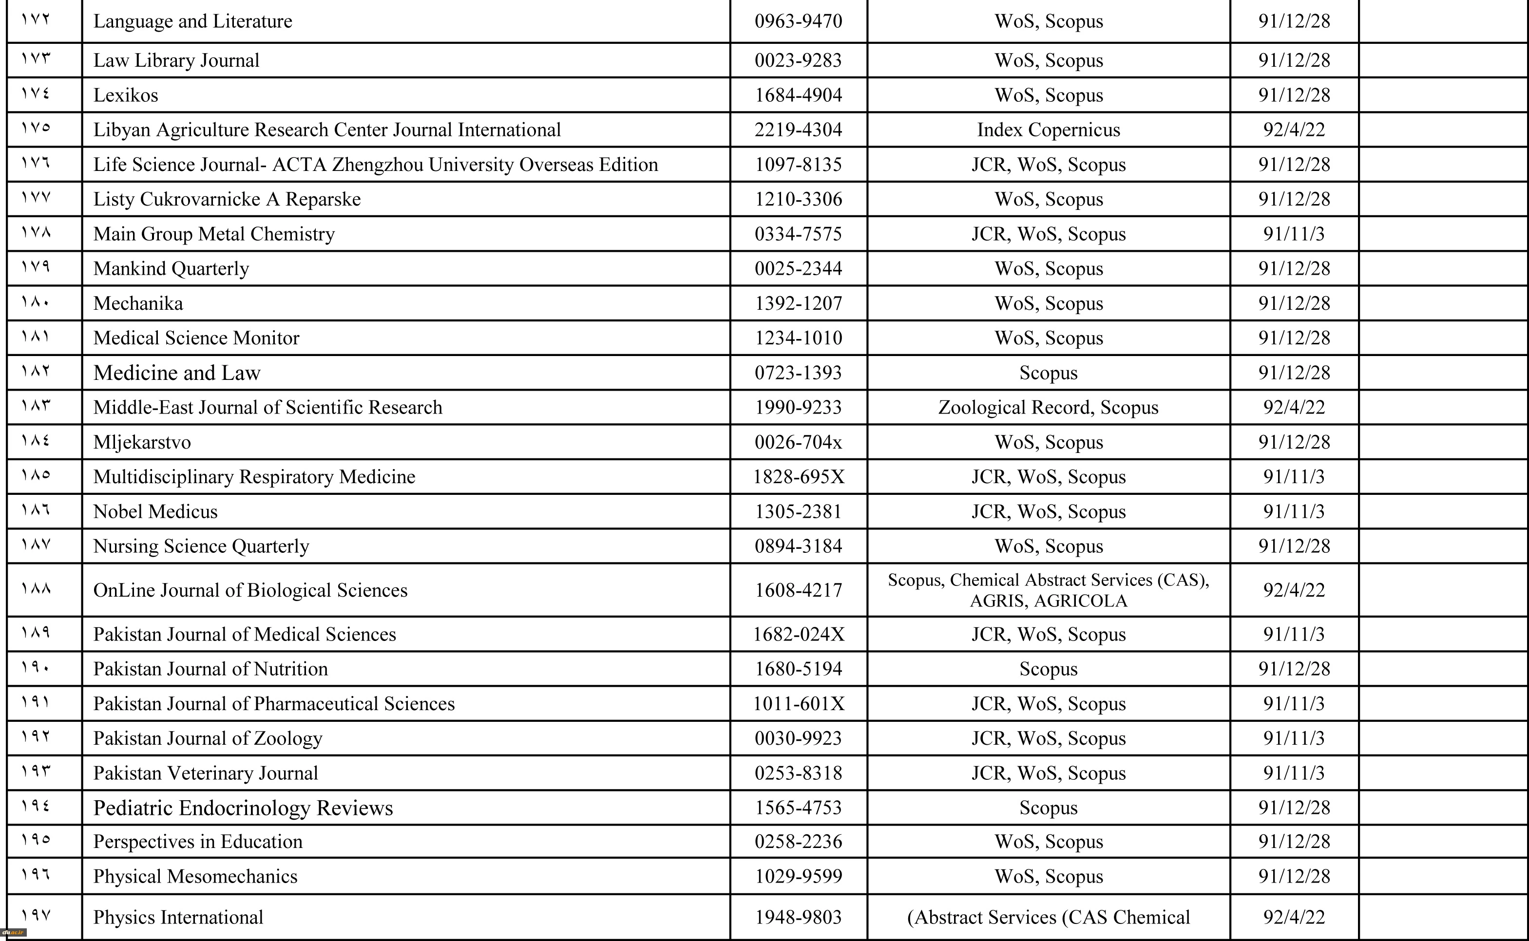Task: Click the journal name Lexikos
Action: pos(126,95)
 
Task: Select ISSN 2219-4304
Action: pos(798,130)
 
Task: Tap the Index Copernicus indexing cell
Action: pos(1049,130)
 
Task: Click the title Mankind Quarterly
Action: pos(171,269)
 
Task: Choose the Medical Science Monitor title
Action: pos(196,338)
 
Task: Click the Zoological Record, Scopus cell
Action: pos(1049,408)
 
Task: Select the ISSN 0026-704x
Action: pos(798,442)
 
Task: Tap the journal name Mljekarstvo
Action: pos(142,442)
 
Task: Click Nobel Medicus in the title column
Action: pos(155,511)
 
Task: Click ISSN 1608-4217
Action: pos(798,590)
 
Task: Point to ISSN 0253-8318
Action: pos(798,773)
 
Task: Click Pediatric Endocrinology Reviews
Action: pos(243,808)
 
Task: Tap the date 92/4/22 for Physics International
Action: pos(1294,917)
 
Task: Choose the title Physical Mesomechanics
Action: pos(195,876)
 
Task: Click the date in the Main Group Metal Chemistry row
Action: pos(1294,234)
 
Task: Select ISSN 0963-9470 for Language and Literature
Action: pos(798,21)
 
